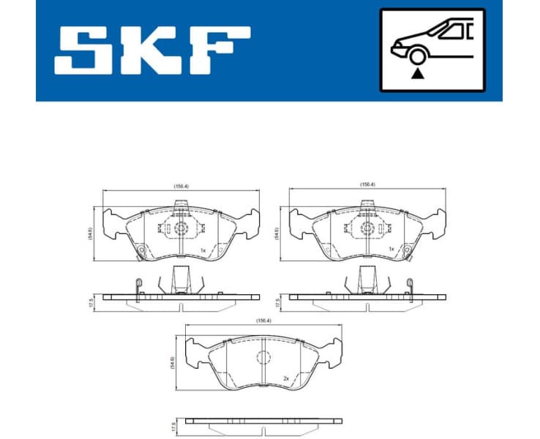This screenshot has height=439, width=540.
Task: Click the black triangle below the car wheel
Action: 417,72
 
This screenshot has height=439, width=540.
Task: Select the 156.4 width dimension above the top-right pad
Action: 367,184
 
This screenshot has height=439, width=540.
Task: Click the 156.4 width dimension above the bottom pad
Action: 262,320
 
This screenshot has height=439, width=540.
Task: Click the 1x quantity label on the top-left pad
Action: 203,250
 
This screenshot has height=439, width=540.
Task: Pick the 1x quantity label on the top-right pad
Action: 391,249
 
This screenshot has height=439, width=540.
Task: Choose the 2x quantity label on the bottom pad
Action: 286,379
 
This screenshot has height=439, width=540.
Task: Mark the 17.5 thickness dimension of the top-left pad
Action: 91,301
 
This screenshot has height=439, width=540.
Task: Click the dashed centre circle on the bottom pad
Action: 263,359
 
